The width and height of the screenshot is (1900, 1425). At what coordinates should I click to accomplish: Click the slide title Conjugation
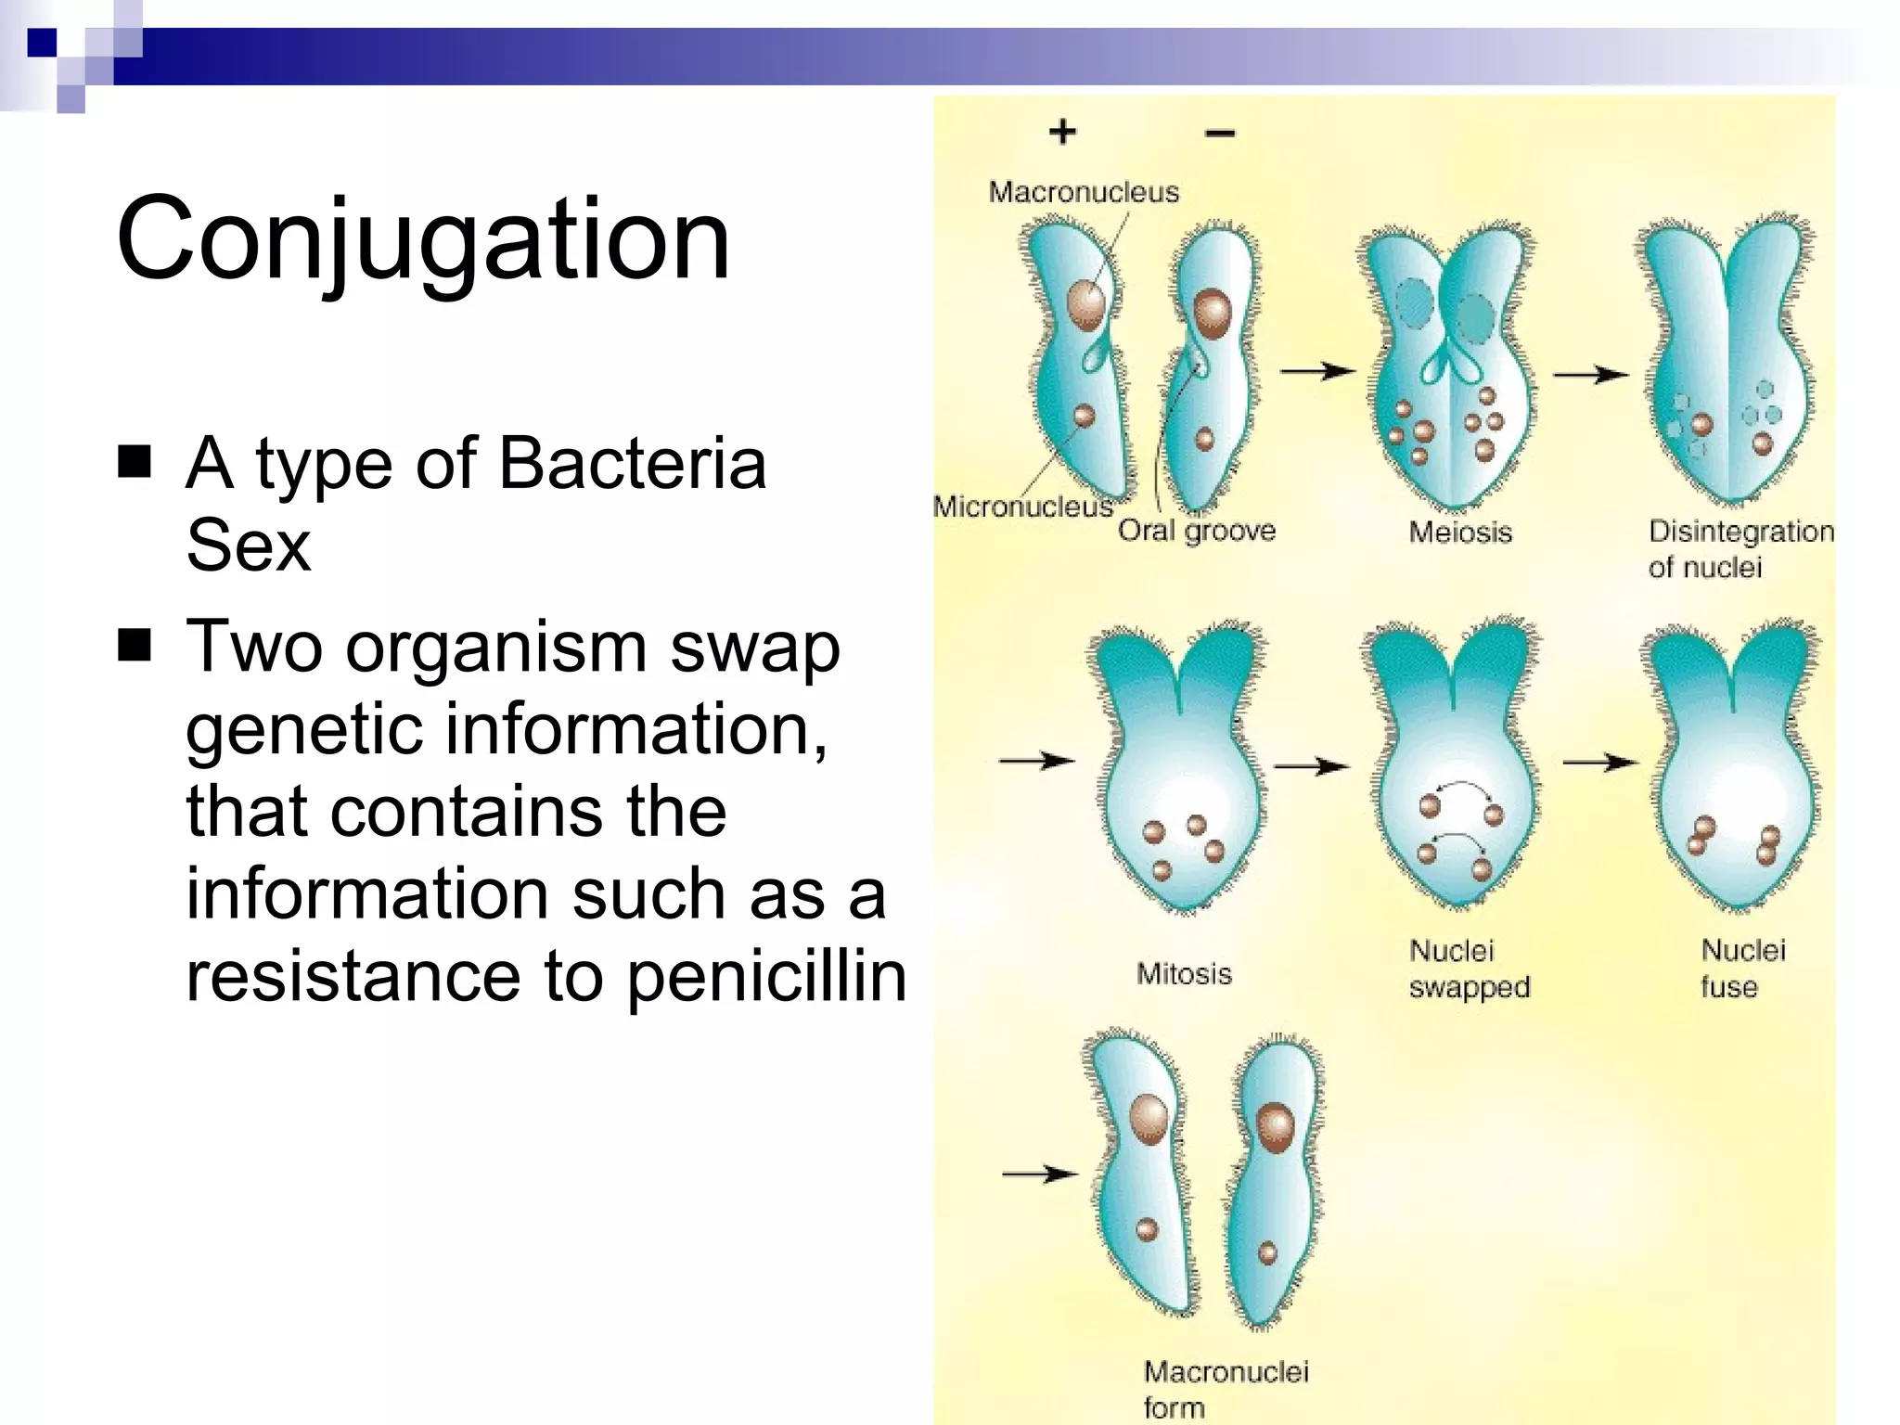click(x=423, y=239)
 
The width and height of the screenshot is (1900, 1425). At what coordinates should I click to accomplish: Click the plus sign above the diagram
click(x=1062, y=132)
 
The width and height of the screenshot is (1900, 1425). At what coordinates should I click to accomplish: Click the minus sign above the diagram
click(x=1220, y=134)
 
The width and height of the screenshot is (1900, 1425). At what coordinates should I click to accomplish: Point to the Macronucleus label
click(x=1083, y=192)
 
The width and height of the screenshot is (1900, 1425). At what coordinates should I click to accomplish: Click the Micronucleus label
click(x=1022, y=507)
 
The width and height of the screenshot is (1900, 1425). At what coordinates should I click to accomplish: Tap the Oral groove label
click(x=1196, y=531)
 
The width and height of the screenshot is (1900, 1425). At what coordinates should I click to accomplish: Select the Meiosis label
click(x=1460, y=532)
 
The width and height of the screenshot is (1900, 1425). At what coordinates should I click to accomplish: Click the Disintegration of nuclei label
click(x=1740, y=548)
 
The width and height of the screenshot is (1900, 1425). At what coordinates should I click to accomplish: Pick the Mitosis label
click(x=1184, y=973)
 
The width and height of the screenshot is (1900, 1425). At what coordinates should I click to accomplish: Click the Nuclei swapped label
click(x=1469, y=968)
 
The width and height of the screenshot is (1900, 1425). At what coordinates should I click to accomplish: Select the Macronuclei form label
click(x=1225, y=1388)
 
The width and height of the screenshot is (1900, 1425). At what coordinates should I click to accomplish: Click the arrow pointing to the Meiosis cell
click(x=1316, y=372)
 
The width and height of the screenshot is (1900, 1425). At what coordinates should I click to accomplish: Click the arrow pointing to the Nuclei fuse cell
click(x=1599, y=763)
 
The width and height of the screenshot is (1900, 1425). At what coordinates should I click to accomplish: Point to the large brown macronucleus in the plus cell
click(x=1085, y=304)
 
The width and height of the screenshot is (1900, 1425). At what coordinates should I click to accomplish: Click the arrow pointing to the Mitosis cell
click(x=1035, y=761)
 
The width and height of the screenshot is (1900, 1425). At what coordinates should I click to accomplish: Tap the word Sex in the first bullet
click(x=248, y=545)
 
